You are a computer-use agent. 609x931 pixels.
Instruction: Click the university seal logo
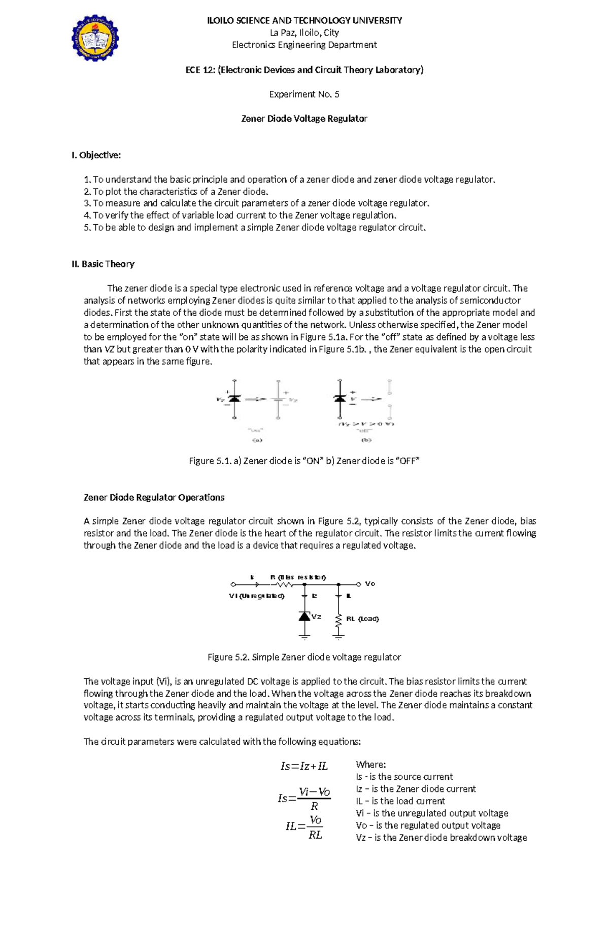coord(95,39)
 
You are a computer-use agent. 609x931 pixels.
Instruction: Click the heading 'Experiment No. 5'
coord(304,94)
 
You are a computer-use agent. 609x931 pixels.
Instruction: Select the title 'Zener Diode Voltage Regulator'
coord(304,119)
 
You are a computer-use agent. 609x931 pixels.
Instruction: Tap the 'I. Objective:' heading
coord(96,155)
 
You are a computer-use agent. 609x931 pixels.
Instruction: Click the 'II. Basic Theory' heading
coord(103,264)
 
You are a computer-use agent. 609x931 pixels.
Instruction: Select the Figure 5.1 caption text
coord(304,461)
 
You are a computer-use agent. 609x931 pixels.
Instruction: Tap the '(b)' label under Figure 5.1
coord(366,440)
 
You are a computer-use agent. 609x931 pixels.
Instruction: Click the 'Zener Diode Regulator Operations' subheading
coord(154,498)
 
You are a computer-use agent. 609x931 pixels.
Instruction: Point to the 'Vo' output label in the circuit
coord(370,584)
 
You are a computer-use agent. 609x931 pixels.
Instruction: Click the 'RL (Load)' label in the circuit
coord(362,619)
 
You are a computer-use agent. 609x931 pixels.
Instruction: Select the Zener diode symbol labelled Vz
coord(304,616)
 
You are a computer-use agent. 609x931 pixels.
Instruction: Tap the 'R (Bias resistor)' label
coord(298,577)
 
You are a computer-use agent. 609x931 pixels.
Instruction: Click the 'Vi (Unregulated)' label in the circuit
coord(257,596)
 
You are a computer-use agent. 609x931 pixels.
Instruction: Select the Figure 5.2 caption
coord(304,658)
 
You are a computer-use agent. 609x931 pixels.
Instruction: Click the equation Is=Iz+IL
coord(304,767)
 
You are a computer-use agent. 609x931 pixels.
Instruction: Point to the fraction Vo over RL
coord(315,827)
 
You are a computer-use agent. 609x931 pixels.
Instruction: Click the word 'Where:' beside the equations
coord(371,765)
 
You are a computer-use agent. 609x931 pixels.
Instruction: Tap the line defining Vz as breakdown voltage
coord(441,838)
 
